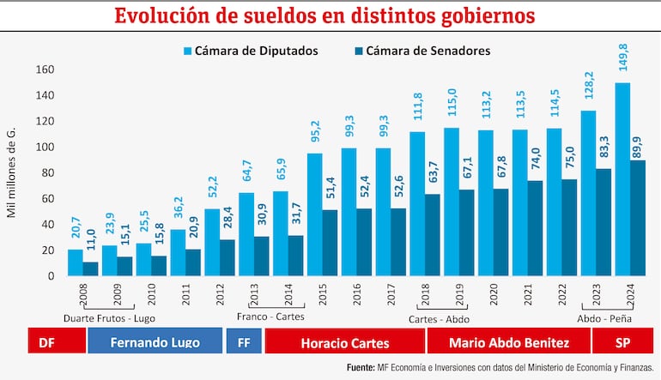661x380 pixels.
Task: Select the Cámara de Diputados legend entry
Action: [250, 51]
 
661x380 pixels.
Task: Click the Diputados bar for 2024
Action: [622, 179]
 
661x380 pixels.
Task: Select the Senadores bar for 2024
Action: [638, 218]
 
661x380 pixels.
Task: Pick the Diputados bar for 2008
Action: [76, 262]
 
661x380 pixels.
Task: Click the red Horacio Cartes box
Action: [344, 342]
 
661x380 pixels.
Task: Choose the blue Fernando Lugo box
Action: [155, 342]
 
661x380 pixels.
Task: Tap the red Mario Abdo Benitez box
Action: [509, 342]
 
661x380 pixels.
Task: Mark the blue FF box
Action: [243, 342]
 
